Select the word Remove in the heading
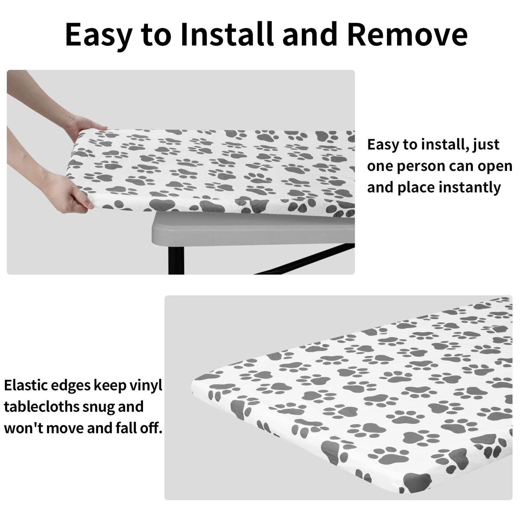tap(407, 35)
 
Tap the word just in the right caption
tap(485, 145)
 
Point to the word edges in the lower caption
tap(71, 386)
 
